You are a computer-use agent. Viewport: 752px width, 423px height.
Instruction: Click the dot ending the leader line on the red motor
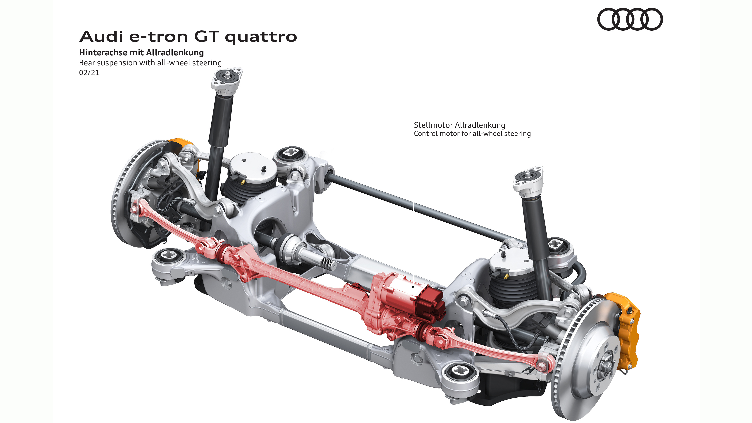(x=413, y=287)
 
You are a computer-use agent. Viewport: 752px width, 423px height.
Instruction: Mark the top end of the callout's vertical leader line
(x=413, y=128)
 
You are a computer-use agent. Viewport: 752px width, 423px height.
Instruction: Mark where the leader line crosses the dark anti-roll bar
(x=413, y=205)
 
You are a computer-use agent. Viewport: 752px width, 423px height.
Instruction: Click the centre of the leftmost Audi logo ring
(x=609, y=19)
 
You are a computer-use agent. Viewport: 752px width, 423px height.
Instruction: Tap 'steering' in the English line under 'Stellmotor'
(x=518, y=134)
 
